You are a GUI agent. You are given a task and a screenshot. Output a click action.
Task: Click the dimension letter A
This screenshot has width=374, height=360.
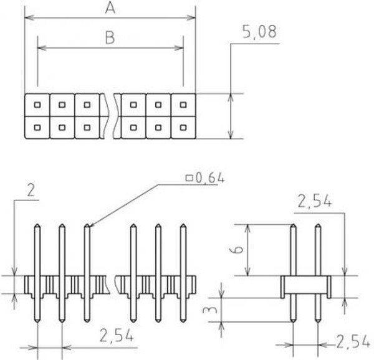(x=110, y=8)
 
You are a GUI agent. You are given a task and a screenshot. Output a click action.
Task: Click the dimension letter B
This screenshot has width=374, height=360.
(x=110, y=39)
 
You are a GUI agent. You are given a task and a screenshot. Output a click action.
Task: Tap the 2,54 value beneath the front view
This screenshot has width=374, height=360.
(x=117, y=336)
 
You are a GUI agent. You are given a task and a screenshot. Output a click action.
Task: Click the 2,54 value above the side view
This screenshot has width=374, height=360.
(x=315, y=201)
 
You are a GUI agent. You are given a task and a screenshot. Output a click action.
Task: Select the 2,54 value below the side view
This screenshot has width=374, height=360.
(x=352, y=341)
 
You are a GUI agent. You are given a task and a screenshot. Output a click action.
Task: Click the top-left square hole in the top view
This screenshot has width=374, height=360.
(x=37, y=104)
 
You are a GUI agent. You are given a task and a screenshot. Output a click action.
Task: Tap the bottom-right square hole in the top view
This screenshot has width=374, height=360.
(x=183, y=128)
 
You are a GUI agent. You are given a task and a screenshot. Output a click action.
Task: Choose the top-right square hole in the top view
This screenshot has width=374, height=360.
(x=183, y=104)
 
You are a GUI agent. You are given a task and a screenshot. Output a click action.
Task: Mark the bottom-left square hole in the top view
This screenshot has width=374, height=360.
(x=37, y=128)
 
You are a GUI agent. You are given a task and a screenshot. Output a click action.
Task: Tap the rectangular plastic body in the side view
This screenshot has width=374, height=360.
(x=305, y=285)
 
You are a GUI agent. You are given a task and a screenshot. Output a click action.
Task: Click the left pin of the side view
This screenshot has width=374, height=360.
(x=294, y=262)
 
